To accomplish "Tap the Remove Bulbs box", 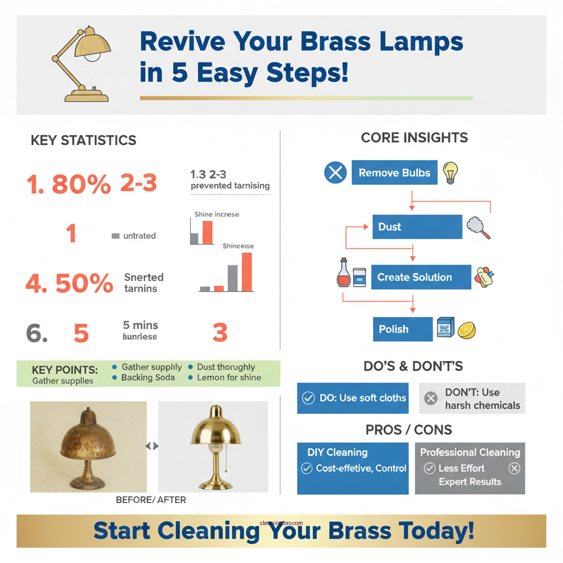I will tap(394, 173).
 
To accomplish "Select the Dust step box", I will tap(417, 227).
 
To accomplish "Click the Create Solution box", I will tap(421, 277).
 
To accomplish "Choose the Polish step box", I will tap(402, 329).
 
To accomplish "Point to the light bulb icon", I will tap(450, 172).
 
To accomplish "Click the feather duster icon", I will tap(478, 227).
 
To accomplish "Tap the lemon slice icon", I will tap(466, 330).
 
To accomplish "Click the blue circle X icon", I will tap(335, 173).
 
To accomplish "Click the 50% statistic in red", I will tap(84, 284).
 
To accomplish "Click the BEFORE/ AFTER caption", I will tap(151, 500).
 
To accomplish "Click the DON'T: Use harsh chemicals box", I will tap(472, 399).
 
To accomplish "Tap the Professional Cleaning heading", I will tap(470, 452).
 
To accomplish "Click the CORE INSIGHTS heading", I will tap(414, 138).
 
